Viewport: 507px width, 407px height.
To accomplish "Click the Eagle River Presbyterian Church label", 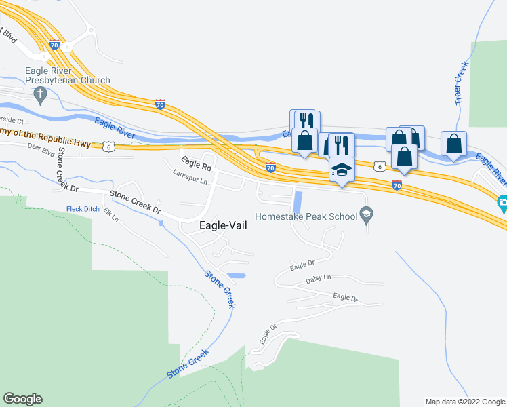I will [67, 75].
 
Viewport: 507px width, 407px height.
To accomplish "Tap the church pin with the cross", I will [40, 94].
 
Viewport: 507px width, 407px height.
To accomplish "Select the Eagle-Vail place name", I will [222, 227].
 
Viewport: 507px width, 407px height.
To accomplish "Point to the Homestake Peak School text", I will [306, 217].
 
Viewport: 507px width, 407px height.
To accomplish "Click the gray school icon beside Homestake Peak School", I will [367, 216].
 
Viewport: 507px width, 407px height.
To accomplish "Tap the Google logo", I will [22, 399].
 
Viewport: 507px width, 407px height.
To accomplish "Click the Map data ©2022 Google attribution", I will [465, 402].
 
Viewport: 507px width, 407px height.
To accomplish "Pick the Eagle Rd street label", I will [197, 163].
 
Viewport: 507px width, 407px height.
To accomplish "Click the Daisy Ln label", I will [317, 277].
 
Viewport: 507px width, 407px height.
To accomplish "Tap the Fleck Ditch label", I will [83, 208].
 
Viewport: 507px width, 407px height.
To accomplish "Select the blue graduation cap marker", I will [342, 170].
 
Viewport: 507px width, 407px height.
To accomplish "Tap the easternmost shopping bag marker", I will [454, 144].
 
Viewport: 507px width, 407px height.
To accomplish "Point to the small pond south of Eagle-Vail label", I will [236, 276].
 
